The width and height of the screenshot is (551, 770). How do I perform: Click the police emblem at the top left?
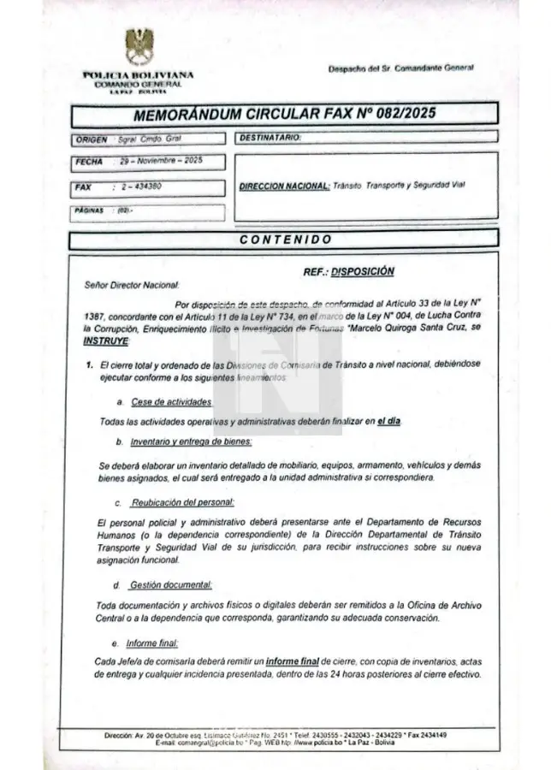click(x=139, y=46)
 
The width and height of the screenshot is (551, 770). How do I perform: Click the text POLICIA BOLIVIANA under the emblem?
click(x=139, y=75)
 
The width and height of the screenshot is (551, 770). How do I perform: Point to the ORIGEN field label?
click(x=92, y=139)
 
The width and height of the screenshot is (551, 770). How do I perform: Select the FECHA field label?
click(x=89, y=162)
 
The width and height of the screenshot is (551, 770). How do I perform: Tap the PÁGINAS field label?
click(x=89, y=210)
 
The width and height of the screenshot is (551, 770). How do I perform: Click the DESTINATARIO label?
click(x=270, y=138)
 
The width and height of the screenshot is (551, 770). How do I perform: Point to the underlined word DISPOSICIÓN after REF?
click(x=363, y=271)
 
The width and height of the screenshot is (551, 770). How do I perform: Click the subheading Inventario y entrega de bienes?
click(x=191, y=441)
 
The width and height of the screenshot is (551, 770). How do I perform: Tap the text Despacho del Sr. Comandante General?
click(x=400, y=68)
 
